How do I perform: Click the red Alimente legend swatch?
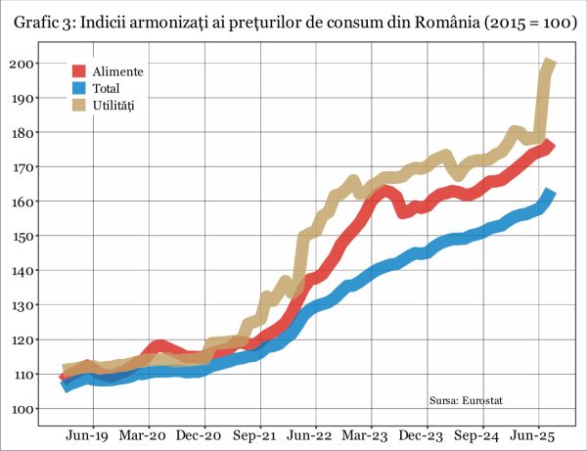pyautogui.click(x=78, y=71)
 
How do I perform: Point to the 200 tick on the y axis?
pyautogui.click(x=22, y=64)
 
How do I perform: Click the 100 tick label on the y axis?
pyautogui.click(x=22, y=409)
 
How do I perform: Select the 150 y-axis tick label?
pyautogui.click(x=22, y=237)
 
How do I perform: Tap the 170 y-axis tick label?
pyautogui.click(x=22, y=167)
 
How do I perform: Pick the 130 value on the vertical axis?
pyautogui.click(x=22, y=305)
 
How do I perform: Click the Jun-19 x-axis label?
pyautogui.click(x=86, y=437)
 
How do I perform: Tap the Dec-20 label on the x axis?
pyautogui.click(x=201, y=437)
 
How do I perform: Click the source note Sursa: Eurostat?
pyautogui.click(x=472, y=400)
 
